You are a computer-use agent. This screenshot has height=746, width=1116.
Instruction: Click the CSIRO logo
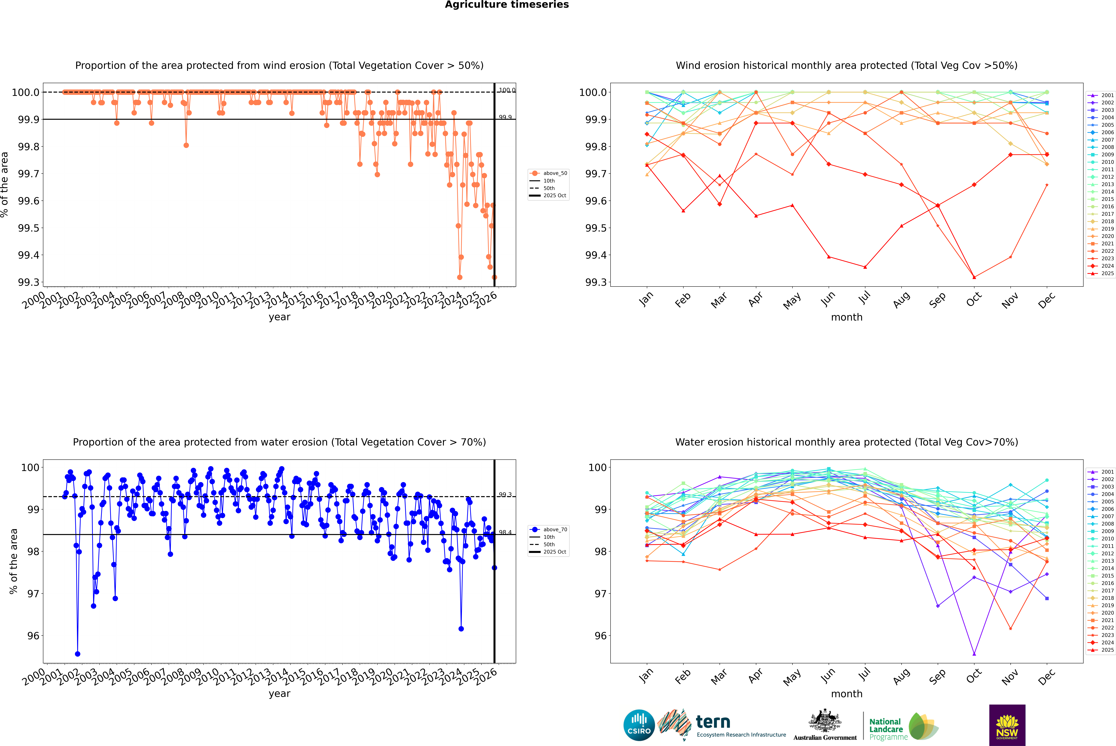(x=639, y=725)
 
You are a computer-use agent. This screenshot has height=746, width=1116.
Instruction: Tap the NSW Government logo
(x=1007, y=725)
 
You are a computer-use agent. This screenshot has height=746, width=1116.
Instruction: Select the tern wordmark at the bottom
(x=713, y=722)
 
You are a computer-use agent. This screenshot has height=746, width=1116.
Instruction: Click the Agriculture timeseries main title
(x=507, y=5)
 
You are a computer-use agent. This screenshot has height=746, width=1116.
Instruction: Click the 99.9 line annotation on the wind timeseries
(x=505, y=117)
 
